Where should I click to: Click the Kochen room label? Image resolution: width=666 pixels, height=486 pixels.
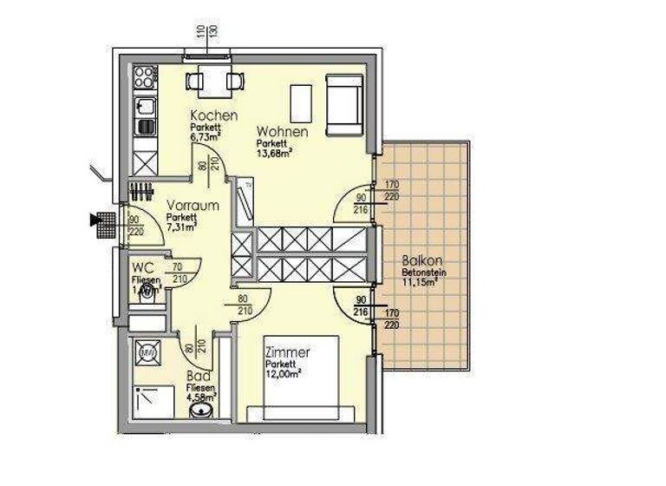pos(214,116)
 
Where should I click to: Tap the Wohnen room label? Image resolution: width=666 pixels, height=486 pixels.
pos(283,132)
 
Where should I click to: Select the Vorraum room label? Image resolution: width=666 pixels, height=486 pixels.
pos(192,206)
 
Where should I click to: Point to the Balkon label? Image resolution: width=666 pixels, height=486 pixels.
pos(422,260)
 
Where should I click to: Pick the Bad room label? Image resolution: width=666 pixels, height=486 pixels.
pos(198,377)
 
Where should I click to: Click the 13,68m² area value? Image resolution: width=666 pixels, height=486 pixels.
pos(274,153)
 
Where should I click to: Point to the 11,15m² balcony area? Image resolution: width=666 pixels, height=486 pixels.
pos(420,282)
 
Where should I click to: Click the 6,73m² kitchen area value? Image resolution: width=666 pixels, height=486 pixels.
pos(206,136)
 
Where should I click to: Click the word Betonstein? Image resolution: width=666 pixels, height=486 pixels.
pos(422,273)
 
